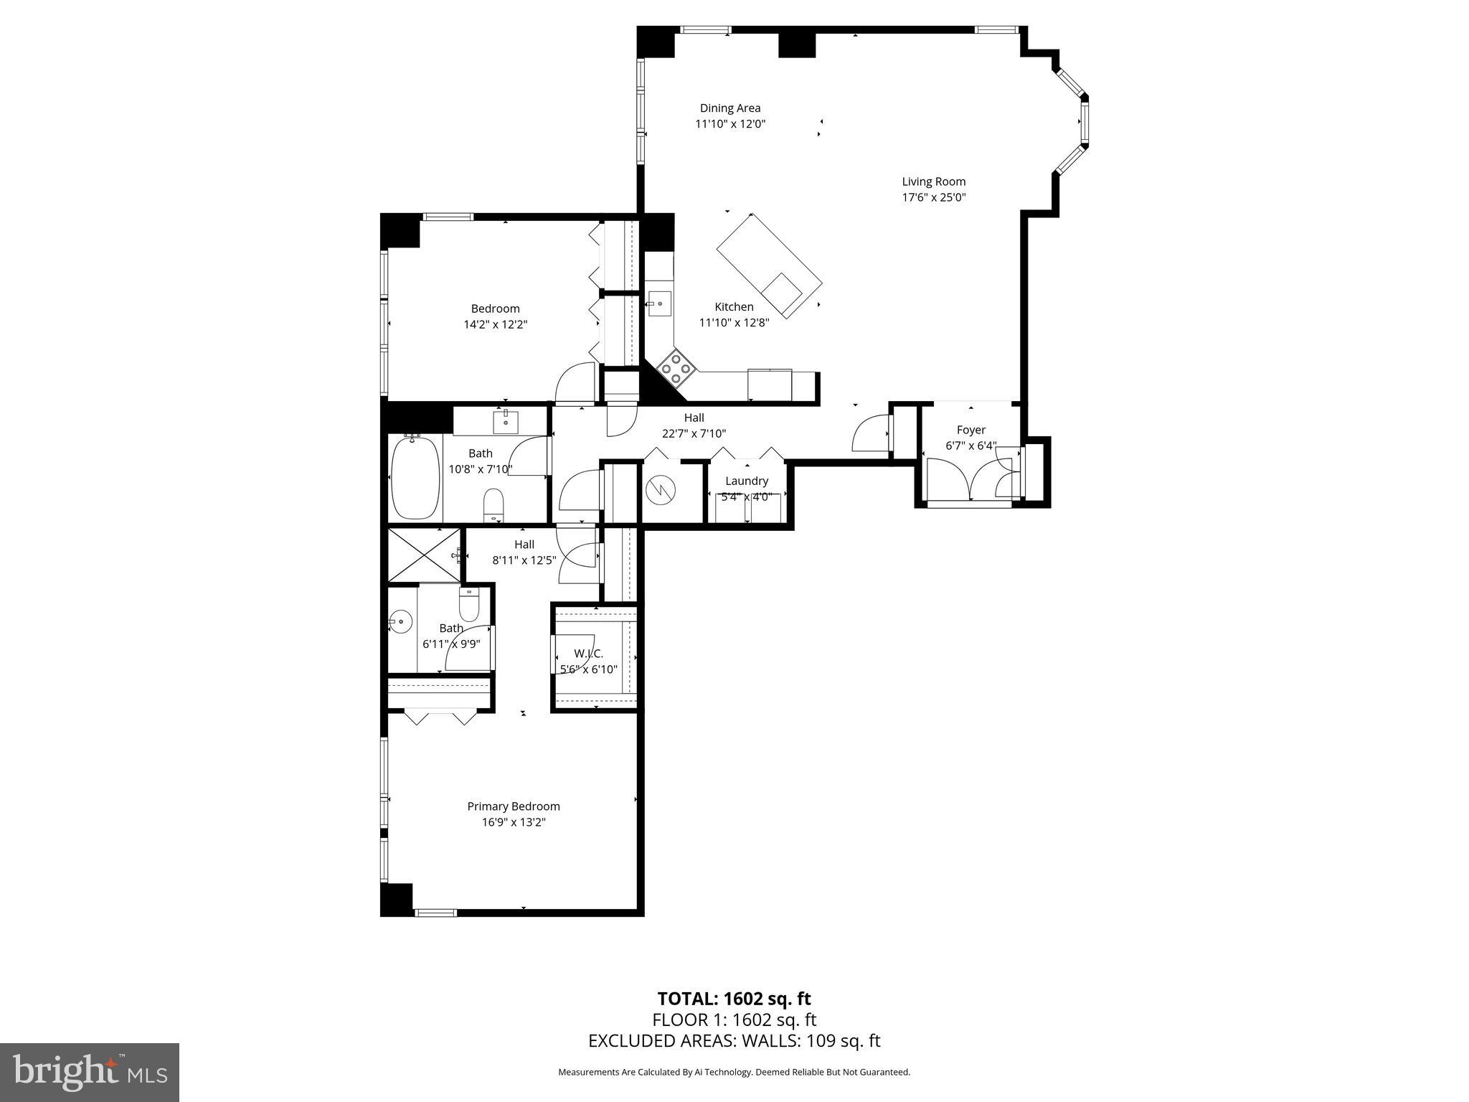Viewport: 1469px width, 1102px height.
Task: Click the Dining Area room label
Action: (730, 108)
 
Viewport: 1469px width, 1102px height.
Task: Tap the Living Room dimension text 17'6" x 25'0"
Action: (934, 197)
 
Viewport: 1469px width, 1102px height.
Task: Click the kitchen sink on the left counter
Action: (658, 303)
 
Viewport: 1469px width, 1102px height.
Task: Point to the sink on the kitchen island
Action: (781, 293)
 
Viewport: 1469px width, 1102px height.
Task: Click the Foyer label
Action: (970, 430)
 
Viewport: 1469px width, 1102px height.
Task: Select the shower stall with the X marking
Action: (424, 555)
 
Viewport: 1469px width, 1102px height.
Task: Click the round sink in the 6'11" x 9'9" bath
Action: (400, 621)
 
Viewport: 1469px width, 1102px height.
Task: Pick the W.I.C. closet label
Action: (588, 654)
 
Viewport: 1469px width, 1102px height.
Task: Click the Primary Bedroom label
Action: (514, 806)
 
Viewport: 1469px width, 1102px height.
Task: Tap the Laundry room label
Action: (747, 481)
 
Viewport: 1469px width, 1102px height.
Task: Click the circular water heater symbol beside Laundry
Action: (661, 490)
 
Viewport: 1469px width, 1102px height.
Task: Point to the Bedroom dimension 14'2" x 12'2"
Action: (495, 324)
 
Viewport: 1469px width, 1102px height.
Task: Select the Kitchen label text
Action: (734, 307)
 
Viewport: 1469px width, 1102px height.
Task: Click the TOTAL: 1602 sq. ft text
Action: (734, 999)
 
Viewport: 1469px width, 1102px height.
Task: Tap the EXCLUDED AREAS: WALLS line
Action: (734, 1040)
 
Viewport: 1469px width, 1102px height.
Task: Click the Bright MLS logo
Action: (90, 1073)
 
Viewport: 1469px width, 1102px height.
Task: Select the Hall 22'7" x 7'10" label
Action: (694, 425)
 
